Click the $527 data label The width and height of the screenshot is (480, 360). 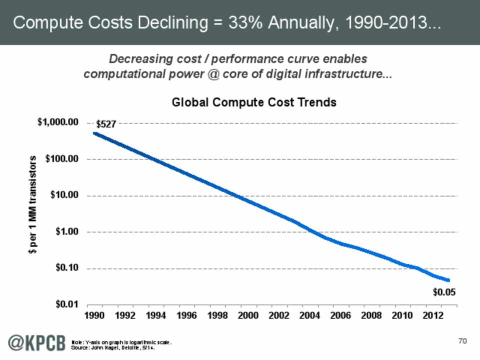(x=106, y=124)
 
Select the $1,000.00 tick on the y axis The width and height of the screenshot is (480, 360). (x=58, y=122)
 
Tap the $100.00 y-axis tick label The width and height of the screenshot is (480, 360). (x=62, y=159)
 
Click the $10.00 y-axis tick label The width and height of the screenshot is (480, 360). (x=64, y=195)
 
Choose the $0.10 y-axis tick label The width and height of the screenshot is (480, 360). (x=66, y=268)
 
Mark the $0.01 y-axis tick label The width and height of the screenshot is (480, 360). (x=66, y=304)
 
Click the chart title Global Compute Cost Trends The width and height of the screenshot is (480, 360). (x=254, y=102)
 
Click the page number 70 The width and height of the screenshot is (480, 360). (x=462, y=341)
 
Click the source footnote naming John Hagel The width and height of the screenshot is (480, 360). (x=115, y=347)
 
